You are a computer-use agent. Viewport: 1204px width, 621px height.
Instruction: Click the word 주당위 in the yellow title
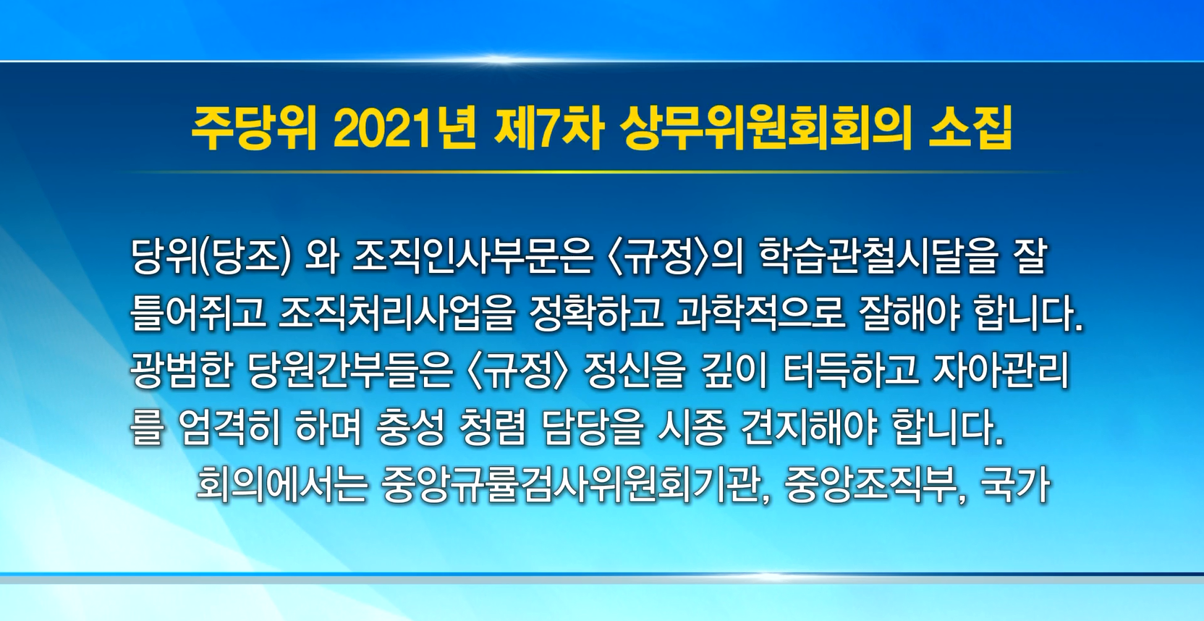point(253,130)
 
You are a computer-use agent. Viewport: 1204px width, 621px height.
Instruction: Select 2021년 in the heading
point(404,130)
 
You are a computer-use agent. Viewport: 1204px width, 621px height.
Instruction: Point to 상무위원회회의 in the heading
point(766,130)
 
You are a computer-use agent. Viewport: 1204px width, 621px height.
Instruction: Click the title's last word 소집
point(971,130)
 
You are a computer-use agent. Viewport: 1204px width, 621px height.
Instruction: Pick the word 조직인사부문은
point(472,257)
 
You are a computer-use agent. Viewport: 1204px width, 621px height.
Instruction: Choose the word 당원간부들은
point(350,371)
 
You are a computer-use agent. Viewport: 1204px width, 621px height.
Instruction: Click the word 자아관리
point(1000,371)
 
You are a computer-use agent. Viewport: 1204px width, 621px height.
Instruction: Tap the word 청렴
point(491,428)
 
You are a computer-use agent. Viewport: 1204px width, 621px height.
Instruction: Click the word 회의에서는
point(281,485)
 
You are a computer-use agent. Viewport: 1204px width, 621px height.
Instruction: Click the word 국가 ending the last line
point(1015,485)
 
